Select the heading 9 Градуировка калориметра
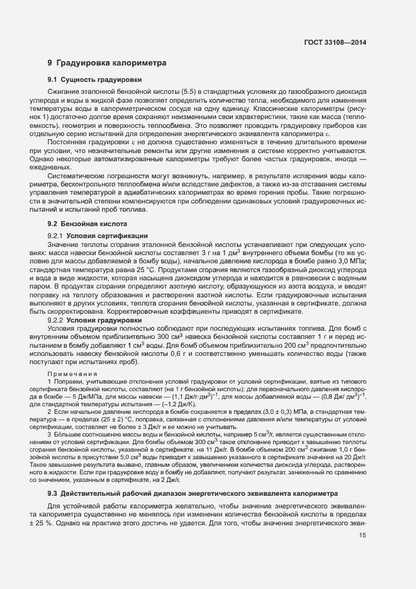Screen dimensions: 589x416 [107, 63]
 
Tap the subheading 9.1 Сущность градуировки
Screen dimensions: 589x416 [94, 80]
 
